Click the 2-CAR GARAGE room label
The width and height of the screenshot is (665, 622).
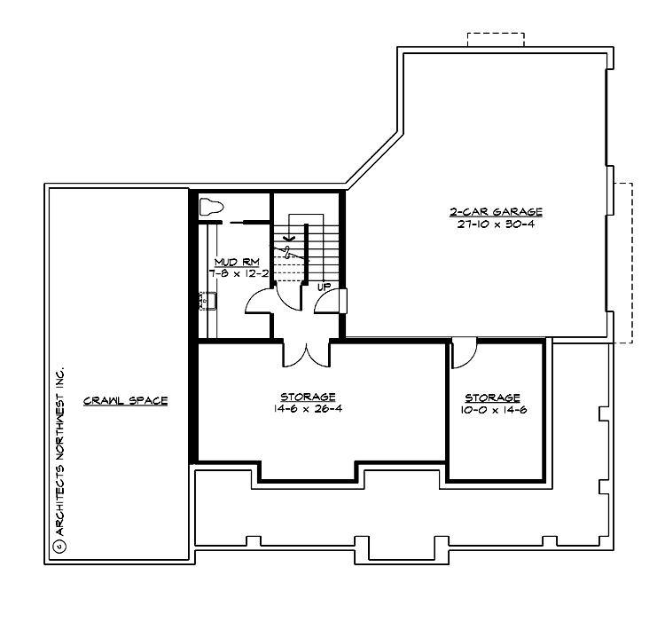(495, 212)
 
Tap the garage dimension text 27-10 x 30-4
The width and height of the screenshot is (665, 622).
(495, 224)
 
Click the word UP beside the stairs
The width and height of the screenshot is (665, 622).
(324, 287)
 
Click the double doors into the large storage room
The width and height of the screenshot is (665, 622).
(307, 353)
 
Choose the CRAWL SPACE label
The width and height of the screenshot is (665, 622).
(125, 400)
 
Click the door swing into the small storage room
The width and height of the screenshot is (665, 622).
(464, 352)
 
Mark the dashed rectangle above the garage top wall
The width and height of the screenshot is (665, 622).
(496, 39)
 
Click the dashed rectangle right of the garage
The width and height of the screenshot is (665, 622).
(621, 262)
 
